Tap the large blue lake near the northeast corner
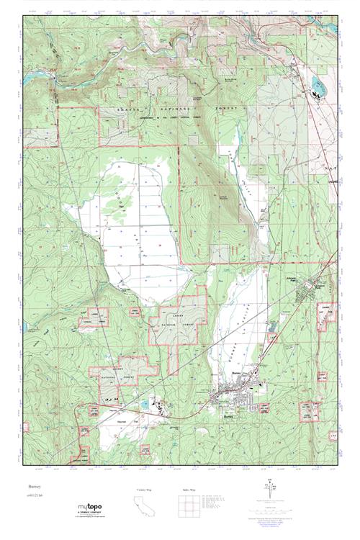point(317,89)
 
